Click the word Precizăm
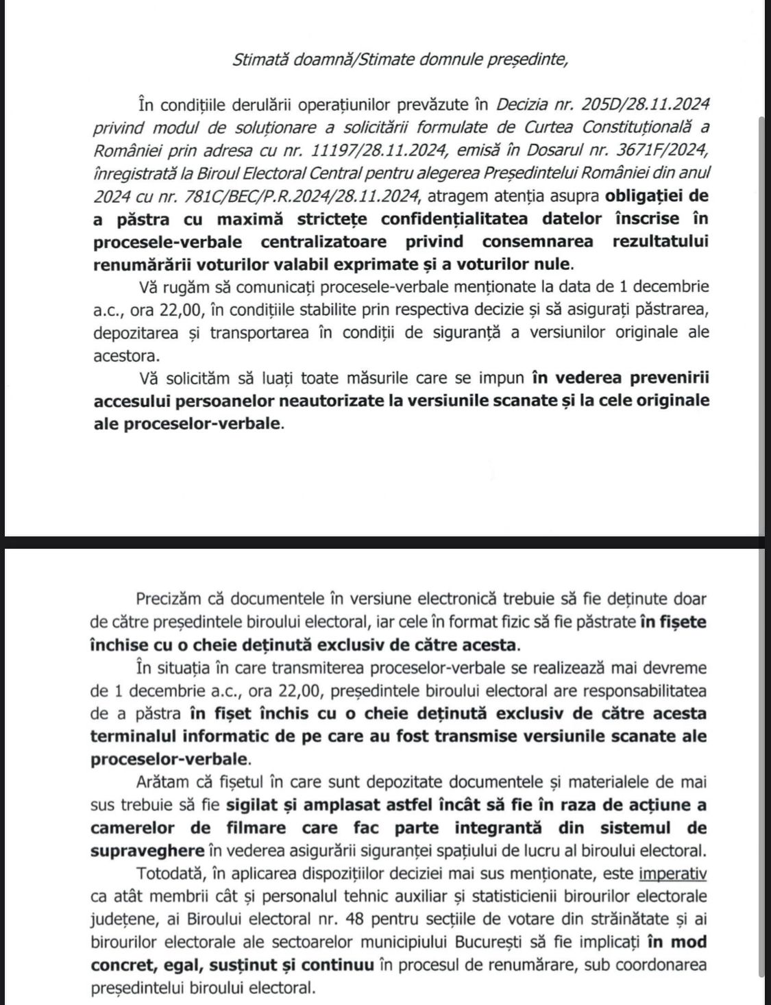[x=167, y=598]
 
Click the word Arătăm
[x=162, y=782]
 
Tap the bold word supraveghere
[x=147, y=850]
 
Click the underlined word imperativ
[x=672, y=873]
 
